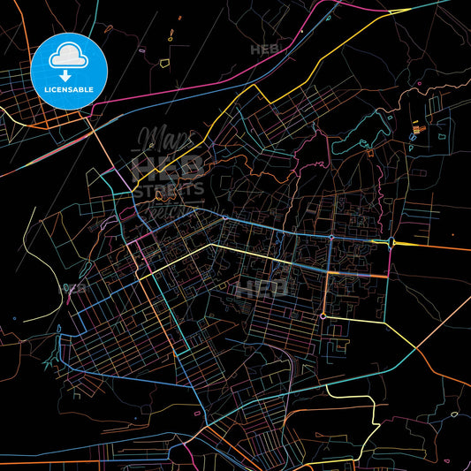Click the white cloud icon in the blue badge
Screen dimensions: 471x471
pos(68,56)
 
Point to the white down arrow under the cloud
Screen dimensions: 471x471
pos(68,65)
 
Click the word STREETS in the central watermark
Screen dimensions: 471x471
pos(169,188)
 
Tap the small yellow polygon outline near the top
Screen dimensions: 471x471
pos(170,36)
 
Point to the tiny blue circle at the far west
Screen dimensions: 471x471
pos(15,317)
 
